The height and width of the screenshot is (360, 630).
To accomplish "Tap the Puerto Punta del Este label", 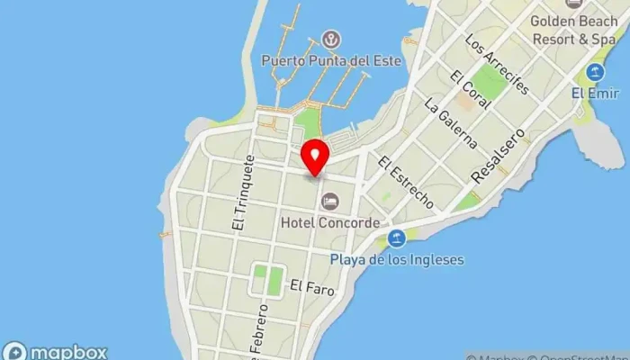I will pyautogui.click(x=330, y=61).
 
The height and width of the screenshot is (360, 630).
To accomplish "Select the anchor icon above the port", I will pyautogui.click(x=331, y=40).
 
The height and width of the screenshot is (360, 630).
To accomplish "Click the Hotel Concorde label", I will pyautogui.click(x=330, y=220).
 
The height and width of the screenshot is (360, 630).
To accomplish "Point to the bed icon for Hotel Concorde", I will pyautogui.click(x=330, y=200).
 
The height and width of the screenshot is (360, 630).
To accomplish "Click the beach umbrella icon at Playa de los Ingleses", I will pyautogui.click(x=396, y=238).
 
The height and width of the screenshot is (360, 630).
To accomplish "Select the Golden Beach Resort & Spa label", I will pyautogui.click(x=572, y=30).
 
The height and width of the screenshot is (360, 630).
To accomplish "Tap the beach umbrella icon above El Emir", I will pyautogui.click(x=594, y=72).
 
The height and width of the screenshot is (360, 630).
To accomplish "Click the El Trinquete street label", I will pyautogui.click(x=243, y=193).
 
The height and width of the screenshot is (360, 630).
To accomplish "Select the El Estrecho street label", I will pyautogui.click(x=407, y=183).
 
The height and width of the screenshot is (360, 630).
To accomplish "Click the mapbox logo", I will pyautogui.click(x=56, y=351).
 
